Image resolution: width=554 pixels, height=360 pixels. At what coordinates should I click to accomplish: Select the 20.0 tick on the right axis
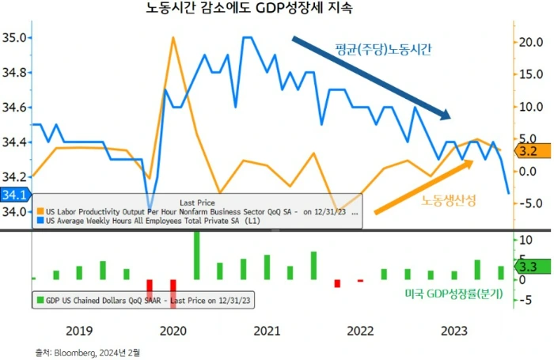click(529, 42)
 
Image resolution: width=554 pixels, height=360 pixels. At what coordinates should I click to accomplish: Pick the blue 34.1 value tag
click(14, 195)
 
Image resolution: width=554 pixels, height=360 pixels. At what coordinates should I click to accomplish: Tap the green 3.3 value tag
click(528, 267)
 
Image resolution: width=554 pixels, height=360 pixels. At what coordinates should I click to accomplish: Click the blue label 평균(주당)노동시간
click(383, 49)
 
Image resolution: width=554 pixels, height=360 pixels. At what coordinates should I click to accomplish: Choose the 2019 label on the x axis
click(79, 330)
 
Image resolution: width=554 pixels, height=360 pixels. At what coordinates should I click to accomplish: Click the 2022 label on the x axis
click(360, 330)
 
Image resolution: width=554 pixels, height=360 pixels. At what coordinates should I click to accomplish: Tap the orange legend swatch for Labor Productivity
click(40, 212)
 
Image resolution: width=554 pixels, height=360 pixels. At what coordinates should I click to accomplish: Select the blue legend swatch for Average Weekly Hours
click(40, 222)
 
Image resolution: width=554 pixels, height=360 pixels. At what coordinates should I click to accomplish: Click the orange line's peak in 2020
click(173, 37)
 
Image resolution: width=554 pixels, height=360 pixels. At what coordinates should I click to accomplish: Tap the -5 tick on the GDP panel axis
click(524, 300)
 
